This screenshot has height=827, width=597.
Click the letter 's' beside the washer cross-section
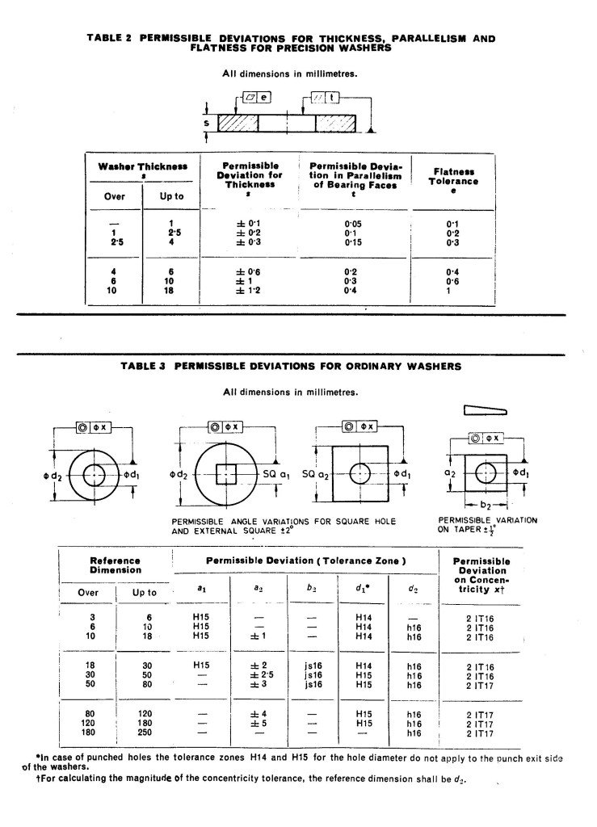click(x=208, y=123)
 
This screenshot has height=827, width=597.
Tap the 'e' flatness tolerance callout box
click(x=264, y=97)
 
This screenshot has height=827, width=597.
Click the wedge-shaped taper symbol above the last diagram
click(x=486, y=410)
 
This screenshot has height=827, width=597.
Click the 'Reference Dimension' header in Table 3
click(x=115, y=565)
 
